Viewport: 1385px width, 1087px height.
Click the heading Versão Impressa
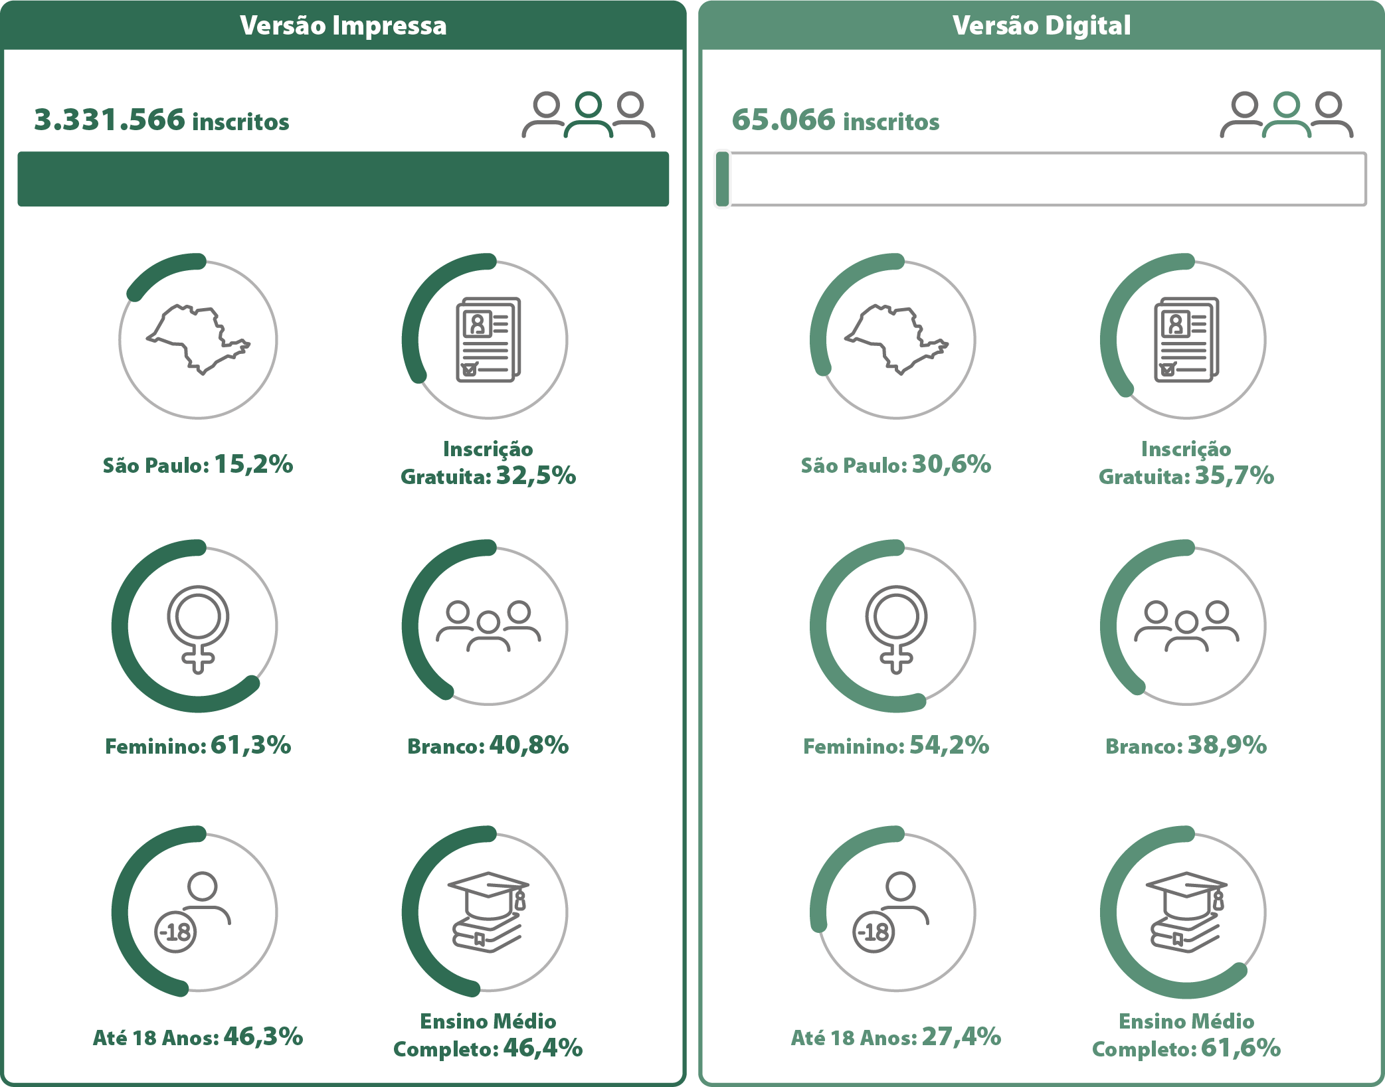[x=343, y=25]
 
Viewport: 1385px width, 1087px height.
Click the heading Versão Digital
[x=1042, y=25]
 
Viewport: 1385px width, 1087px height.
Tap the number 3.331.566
[x=110, y=120]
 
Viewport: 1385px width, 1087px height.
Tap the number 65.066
[x=783, y=120]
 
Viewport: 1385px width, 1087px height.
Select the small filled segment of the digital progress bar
[x=723, y=179]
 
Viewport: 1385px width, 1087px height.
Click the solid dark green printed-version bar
[x=343, y=179]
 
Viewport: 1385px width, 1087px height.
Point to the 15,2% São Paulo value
[x=253, y=464]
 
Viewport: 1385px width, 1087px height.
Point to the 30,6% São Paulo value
[x=951, y=464]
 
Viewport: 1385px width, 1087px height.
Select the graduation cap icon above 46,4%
[x=489, y=912]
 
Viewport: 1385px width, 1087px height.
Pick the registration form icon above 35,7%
[x=1186, y=339]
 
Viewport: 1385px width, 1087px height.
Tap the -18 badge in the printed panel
[x=175, y=932]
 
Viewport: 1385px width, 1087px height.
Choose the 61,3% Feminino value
[x=251, y=745]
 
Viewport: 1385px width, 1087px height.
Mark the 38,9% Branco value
[x=1227, y=745]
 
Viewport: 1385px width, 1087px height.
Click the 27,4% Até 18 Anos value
[x=961, y=1036]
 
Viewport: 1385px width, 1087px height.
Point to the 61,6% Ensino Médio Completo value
[x=1241, y=1048]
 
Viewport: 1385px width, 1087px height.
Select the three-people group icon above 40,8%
[x=488, y=626]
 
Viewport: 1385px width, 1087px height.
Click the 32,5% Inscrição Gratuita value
[x=536, y=475]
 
